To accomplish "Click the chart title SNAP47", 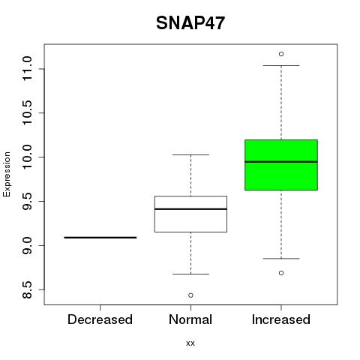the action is pyautogui.click(x=190, y=23).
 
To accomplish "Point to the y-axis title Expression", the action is pyautogui.click(x=7, y=174).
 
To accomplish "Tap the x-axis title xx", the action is pyautogui.click(x=190, y=343).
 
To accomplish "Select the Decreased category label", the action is pyautogui.click(x=100, y=319).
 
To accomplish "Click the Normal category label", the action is pyautogui.click(x=190, y=319).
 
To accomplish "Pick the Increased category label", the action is pyautogui.click(x=281, y=319).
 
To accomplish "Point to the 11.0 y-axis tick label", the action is pyautogui.click(x=27, y=69).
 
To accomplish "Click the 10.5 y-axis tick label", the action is pyautogui.click(x=27, y=112).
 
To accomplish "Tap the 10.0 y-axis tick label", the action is pyautogui.click(x=27, y=157).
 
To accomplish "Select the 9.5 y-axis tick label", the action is pyautogui.click(x=27, y=201).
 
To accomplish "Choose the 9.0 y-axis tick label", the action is pyautogui.click(x=27, y=245).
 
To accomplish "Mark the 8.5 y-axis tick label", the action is pyautogui.click(x=27, y=289).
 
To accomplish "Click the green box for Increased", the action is pyautogui.click(x=281, y=165).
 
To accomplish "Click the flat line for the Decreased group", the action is pyautogui.click(x=100, y=238).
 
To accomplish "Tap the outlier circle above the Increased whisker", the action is pyautogui.click(x=281, y=54).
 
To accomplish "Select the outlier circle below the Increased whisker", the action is pyautogui.click(x=281, y=273).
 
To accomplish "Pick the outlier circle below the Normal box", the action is pyautogui.click(x=190, y=295).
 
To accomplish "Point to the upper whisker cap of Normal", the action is pyautogui.click(x=190, y=154).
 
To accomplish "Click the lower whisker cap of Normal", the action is pyautogui.click(x=190, y=274).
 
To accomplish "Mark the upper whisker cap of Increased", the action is pyautogui.click(x=281, y=65).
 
